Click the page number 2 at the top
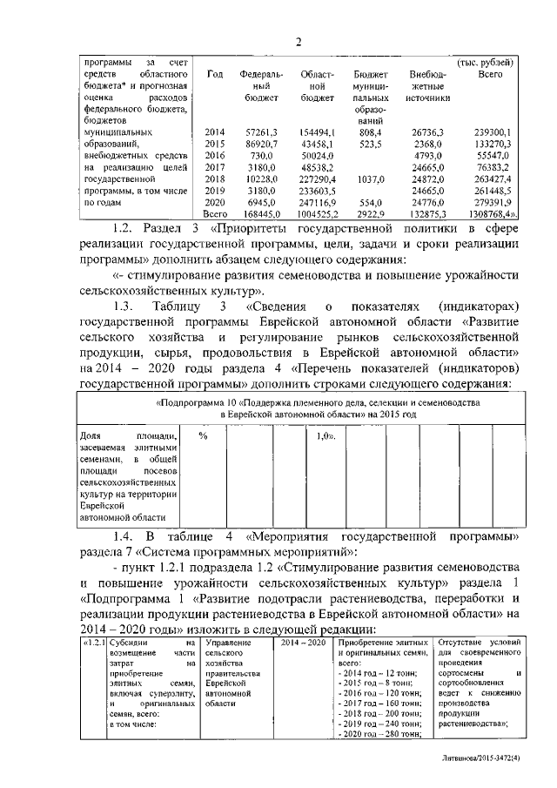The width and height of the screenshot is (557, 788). tap(298, 42)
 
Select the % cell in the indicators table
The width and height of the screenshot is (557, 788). tap(203, 435)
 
